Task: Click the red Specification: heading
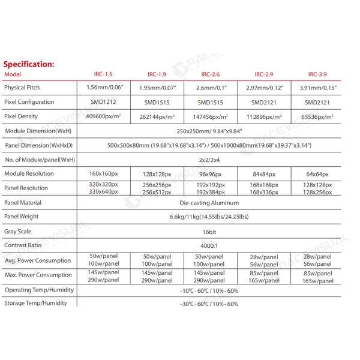29,64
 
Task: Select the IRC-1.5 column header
104,74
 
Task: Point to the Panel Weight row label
21,217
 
